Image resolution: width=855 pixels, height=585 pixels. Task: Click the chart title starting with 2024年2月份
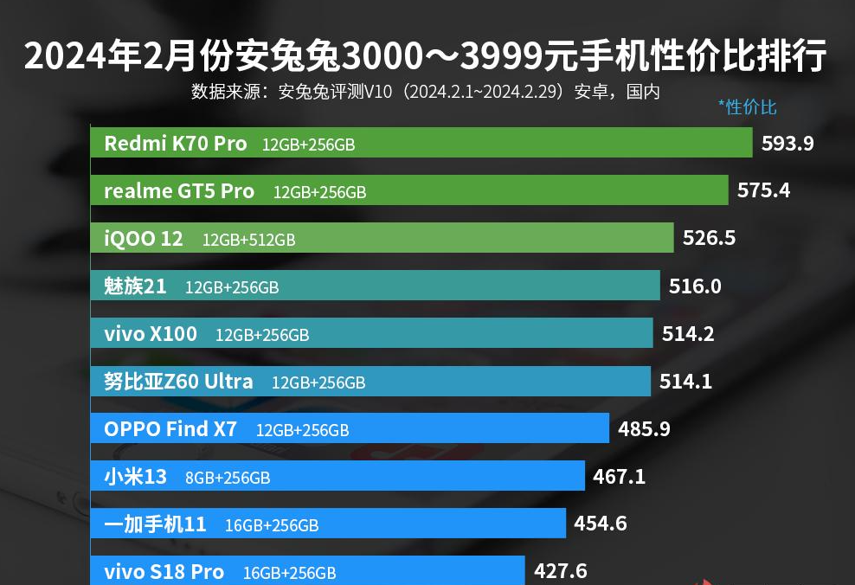tap(426, 57)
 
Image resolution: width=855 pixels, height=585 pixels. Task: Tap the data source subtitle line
tap(426, 92)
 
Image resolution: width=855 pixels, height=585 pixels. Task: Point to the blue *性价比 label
tap(747, 107)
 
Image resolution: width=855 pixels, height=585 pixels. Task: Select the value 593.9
tap(787, 144)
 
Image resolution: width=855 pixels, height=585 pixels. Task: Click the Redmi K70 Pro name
tap(176, 144)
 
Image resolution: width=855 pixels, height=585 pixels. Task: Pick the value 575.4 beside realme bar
tap(763, 190)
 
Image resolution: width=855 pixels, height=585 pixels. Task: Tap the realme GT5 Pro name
tap(179, 191)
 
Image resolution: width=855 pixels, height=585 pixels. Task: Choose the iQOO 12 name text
tap(144, 239)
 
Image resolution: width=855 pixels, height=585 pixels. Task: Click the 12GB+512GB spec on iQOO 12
tap(248, 240)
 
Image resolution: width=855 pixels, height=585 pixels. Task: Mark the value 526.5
tap(709, 238)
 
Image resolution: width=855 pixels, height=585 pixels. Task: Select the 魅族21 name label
tap(135, 286)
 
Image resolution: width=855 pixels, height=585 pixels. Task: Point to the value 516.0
tap(695, 286)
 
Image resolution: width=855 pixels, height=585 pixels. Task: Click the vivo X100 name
tap(151, 333)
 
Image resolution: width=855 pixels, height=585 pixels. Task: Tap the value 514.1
tap(685, 381)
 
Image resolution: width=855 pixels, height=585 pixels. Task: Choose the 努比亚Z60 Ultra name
tap(178, 382)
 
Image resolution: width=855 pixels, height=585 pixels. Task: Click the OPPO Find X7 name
tap(170, 428)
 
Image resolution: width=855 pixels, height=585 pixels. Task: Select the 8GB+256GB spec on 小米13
tap(228, 477)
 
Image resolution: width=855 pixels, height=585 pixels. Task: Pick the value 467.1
tap(619, 476)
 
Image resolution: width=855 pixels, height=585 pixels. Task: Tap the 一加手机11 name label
tap(155, 524)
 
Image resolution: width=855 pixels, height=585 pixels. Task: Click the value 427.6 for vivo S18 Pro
tap(561, 571)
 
